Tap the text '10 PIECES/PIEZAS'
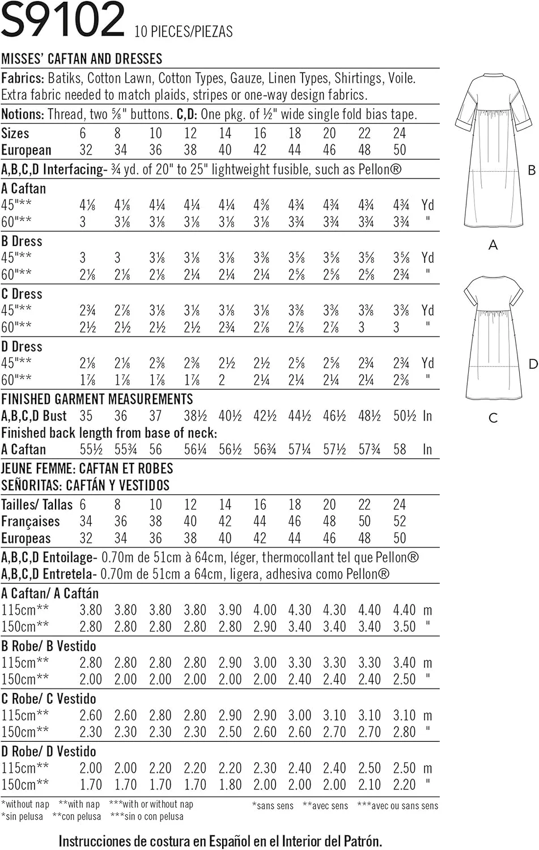click(184, 32)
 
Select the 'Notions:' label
click(23, 114)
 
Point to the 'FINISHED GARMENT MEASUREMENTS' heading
click(97, 399)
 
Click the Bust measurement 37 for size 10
click(155, 416)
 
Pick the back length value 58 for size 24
click(400, 449)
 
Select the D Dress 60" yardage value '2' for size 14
click(222, 380)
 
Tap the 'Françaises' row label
click(30, 521)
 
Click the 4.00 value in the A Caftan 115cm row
click(265, 610)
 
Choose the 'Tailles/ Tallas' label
click(37, 504)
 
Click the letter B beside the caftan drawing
click(531, 170)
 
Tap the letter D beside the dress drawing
click(532, 364)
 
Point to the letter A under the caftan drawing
click(493, 245)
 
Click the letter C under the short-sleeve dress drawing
click(493, 418)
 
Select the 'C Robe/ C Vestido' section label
click(49, 699)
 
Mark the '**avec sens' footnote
click(325, 806)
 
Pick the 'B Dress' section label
click(22, 241)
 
